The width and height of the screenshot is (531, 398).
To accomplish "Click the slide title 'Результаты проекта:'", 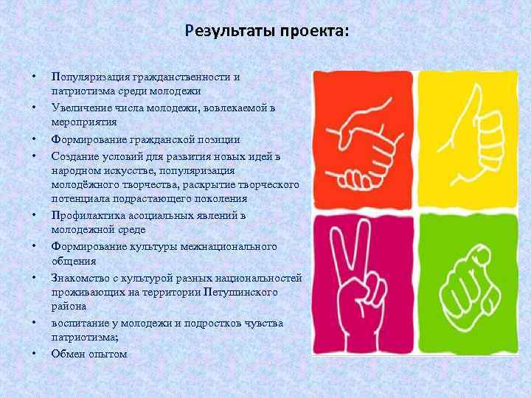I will pyautogui.click(x=268, y=32).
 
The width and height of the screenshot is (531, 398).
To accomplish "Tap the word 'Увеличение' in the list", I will pyautogui.click(x=79, y=108).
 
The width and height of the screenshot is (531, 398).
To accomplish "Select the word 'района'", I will pyautogui.click(x=69, y=307).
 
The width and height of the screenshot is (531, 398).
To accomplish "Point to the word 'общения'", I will pyautogui.click(x=71, y=261).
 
